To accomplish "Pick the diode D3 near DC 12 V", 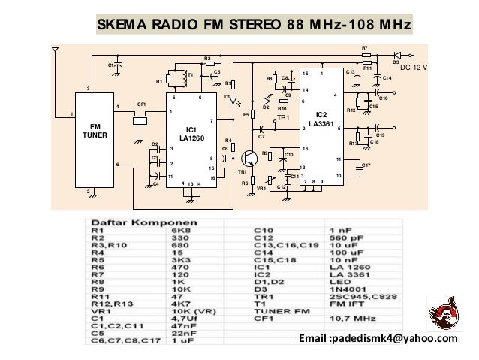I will click(396, 55).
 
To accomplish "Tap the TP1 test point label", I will click(282, 119).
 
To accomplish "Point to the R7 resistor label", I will click(365, 48).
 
